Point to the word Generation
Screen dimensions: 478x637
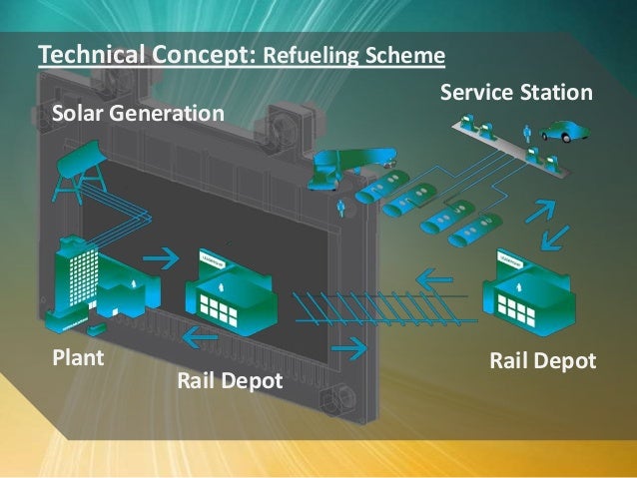pos(166,116)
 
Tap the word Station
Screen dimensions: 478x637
pos(559,94)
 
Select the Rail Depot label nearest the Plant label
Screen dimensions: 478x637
pos(230,380)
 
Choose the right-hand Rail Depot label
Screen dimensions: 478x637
pos(542,359)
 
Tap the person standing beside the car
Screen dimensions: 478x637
pos(528,133)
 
